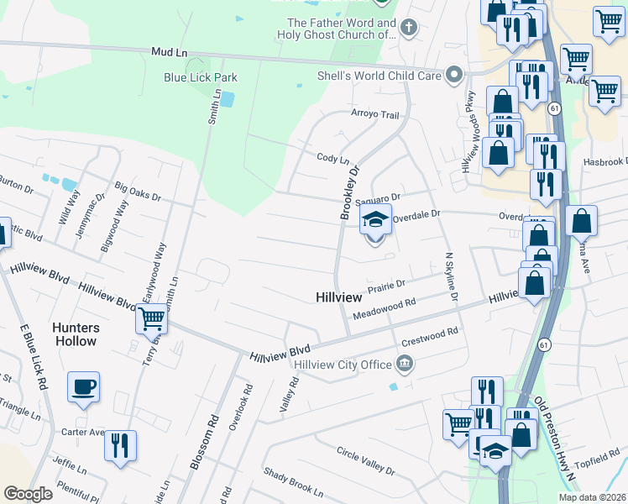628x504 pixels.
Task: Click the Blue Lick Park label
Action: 201,77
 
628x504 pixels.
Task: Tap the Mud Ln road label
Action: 169,52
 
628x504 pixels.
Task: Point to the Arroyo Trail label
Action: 374,115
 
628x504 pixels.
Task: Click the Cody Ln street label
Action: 332,158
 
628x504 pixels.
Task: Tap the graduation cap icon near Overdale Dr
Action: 375,221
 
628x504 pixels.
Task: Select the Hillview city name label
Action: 338,297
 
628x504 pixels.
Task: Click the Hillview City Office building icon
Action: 405,364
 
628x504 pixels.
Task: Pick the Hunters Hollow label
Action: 76,334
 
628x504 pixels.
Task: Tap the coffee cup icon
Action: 83,387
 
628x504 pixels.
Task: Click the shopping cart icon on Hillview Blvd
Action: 151,319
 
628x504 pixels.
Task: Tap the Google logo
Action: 28,493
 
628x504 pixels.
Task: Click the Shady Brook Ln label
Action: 292,482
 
